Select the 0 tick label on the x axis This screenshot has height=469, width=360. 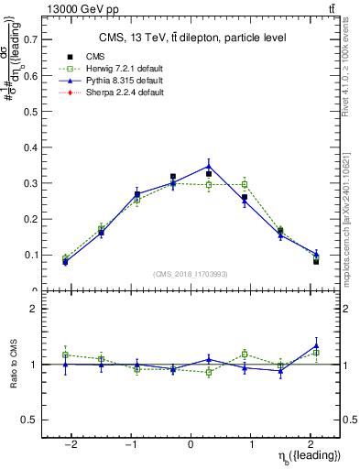click(191, 442)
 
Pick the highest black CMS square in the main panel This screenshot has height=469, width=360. click(173, 176)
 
